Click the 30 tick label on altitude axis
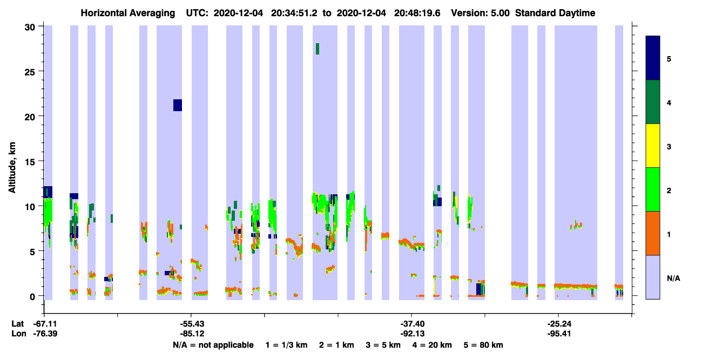(30, 28)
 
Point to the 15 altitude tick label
(30, 161)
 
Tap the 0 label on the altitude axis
(32, 296)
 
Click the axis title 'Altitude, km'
(12, 168)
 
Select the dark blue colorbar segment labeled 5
(652, 58)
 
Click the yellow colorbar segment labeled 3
(652, 146)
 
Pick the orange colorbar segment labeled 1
(652, 233)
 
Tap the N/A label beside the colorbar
(673, 278)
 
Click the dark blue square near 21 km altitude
(177, 105)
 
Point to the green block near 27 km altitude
(318, 49)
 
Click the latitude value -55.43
(192, 324)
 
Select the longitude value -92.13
(413, 334)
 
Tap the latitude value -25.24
(559, 324)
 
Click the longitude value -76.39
(45, 334)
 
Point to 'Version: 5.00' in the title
(480, 13)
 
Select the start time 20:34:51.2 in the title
(294, 13)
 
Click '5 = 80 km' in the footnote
(483, 345)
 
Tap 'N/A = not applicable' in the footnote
(213, 345)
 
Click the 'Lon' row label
(19, 334)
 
